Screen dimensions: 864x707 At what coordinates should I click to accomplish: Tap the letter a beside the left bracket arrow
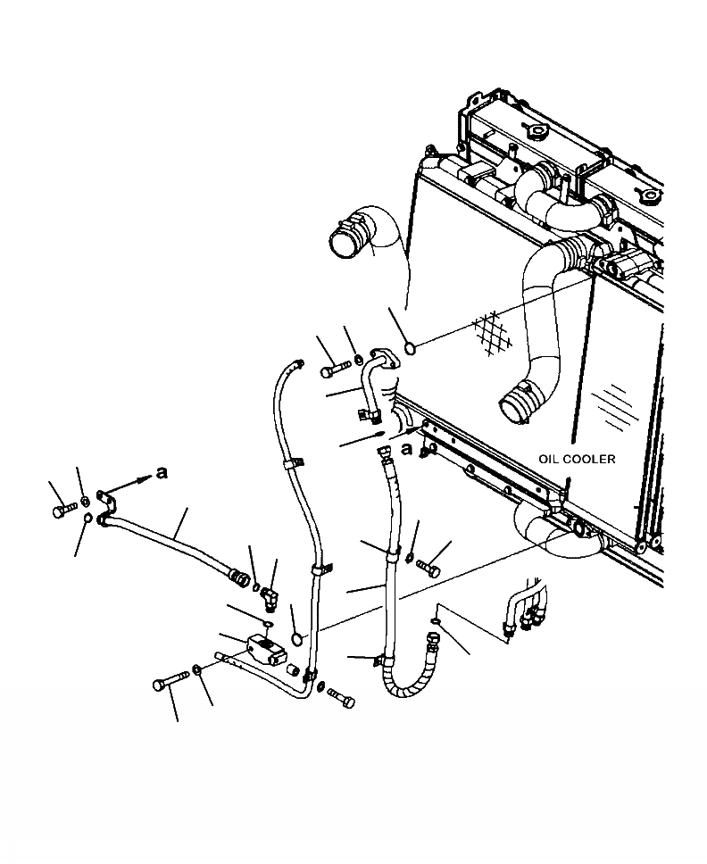point(161,472)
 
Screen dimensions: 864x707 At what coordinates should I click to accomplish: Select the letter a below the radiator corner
point(407,448)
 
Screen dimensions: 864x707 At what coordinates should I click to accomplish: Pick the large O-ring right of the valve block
point(299,639)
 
